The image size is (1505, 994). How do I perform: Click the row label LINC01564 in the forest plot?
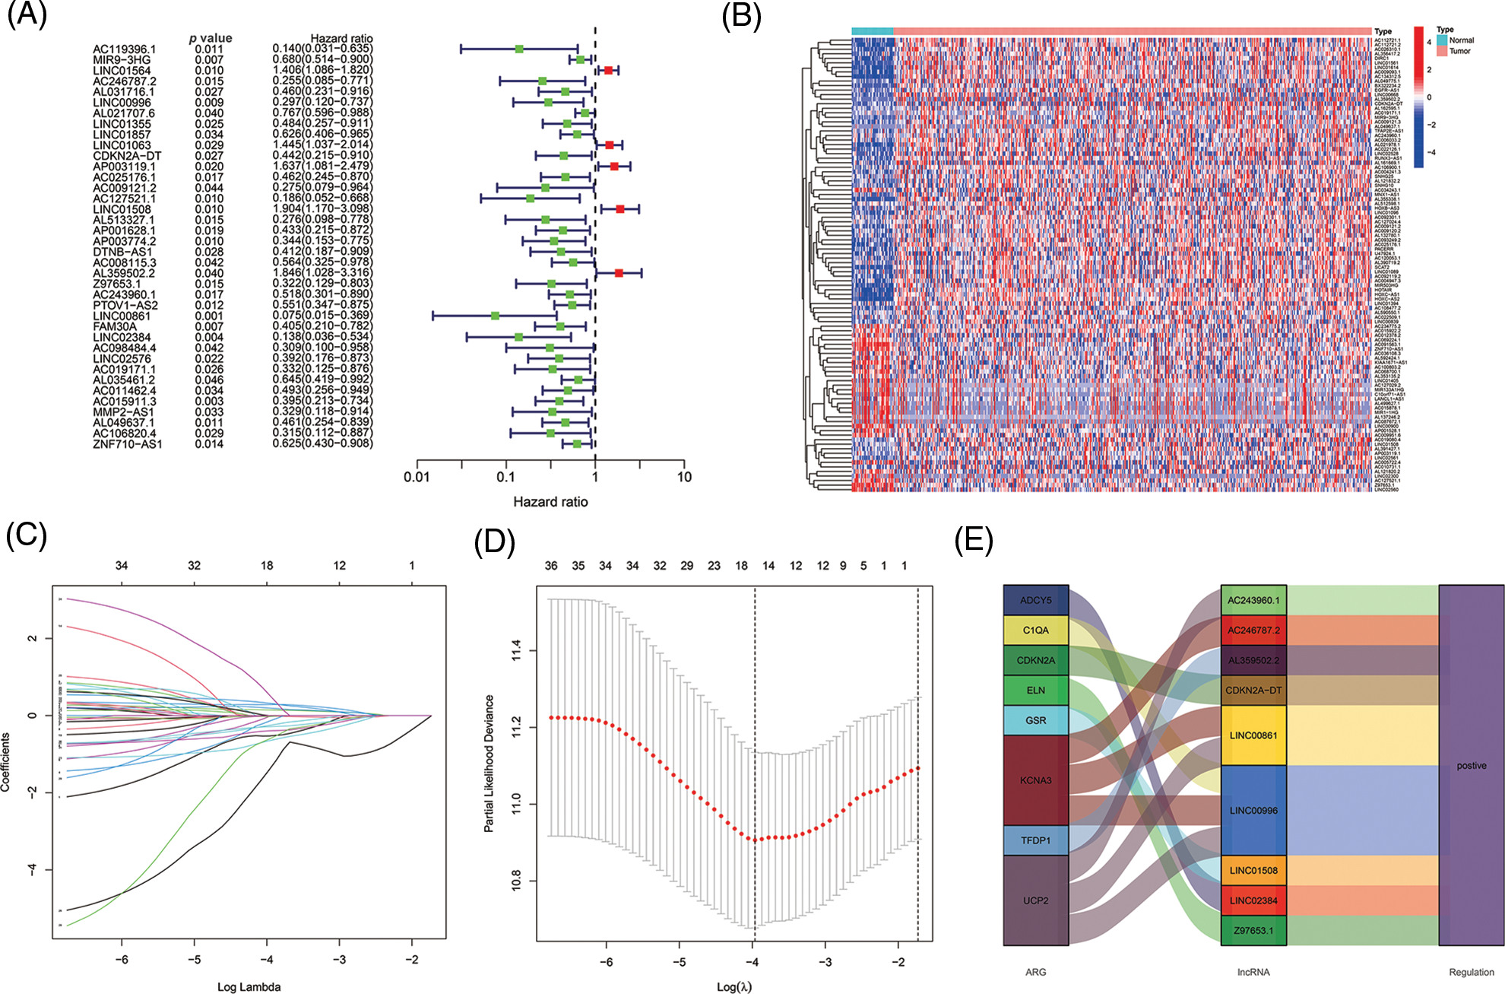[x=122, y=71]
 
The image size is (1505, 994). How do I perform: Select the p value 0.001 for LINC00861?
[x=209, y=316]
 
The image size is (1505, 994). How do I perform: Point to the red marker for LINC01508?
[x=620, y=208]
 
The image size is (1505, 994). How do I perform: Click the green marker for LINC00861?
[x=496, y=316]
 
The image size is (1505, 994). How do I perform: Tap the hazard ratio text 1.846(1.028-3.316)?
[x=323, y=273]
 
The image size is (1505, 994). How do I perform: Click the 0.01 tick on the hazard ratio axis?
[x=417, y=478]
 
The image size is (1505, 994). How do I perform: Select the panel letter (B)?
[x=741, y=17]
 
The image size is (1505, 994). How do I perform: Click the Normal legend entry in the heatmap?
[x=1461, y=40]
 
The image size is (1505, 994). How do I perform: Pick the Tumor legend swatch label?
[x=1459, y=51]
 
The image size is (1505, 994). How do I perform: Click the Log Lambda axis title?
[x=249, y=987]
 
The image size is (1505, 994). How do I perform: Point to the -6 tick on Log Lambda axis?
[x=122, y=960]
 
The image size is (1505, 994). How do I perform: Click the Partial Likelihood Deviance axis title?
[x=490, y=763]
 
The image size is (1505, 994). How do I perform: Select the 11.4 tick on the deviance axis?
[x=517, y=650]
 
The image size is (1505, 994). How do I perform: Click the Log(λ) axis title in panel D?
[x=733, y=987]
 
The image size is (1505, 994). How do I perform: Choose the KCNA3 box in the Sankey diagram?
[x=1035, y=780]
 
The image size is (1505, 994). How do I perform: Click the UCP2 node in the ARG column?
[x=1035, y=900]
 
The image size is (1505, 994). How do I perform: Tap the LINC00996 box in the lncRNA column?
[x=1253, y=811]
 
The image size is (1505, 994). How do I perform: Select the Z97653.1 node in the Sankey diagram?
[x=1253, y=930]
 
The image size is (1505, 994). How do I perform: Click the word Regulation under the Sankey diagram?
[x=1471, y=972]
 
